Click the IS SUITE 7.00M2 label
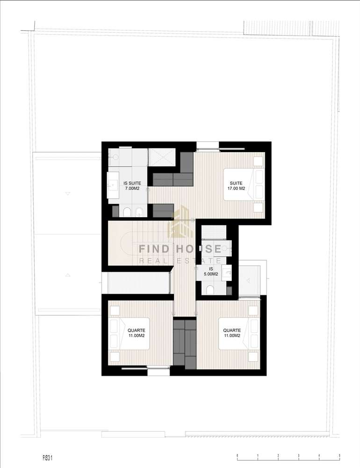[x=132, y=186]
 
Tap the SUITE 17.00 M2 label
[x=236, y=186]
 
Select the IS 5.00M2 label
[x=211, y=271]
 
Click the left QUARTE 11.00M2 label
[x=137, y=333]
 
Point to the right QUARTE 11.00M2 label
[x=232, y=333]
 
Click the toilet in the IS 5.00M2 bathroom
[x=210, y=289]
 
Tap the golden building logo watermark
[x=180, y=221]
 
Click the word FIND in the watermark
[x=154, y=249]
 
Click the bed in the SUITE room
[x=244, y=184]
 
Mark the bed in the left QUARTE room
[x=129, y=333]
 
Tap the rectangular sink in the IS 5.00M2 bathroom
[x=227, y=272]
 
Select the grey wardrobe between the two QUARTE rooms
[x=185, y=343]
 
